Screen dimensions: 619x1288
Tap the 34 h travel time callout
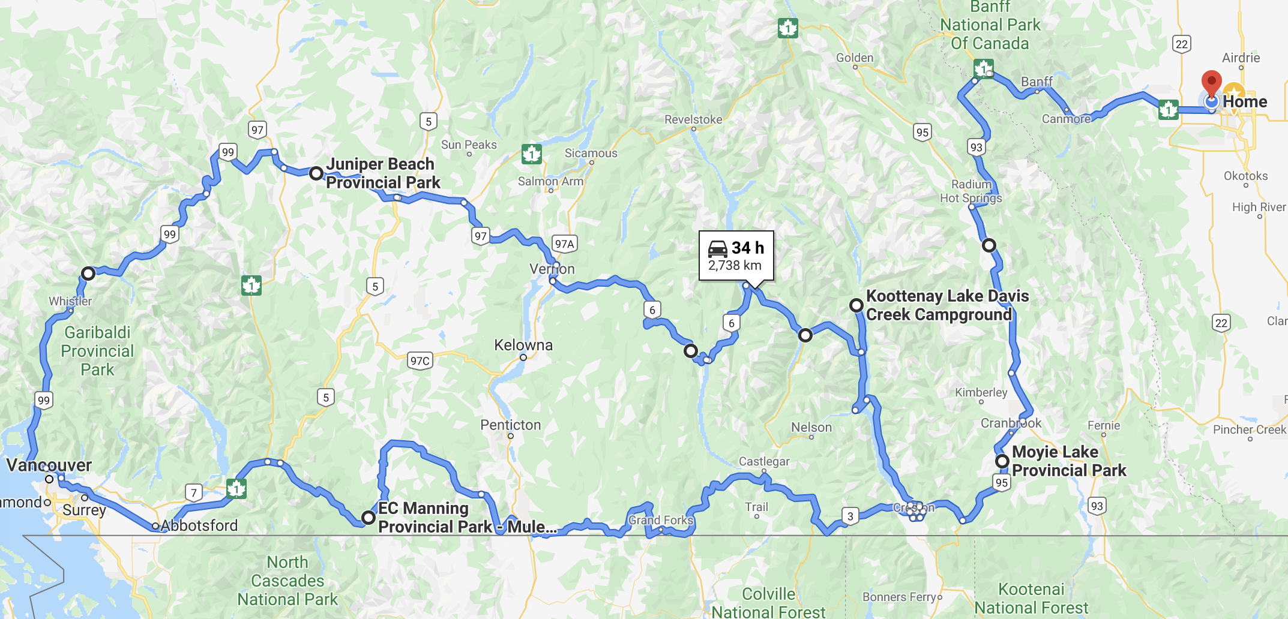tap(736, 256)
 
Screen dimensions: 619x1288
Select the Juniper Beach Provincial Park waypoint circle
tap(316, 174)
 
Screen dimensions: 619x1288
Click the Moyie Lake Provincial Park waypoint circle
tap(1002, 461)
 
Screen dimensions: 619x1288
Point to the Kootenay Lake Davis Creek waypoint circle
tap(856, 305)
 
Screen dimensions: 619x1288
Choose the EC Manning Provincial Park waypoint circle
tap(369, 518)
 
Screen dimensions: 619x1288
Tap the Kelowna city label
tap(523, 345)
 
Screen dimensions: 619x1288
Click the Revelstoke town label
tap(693, 119)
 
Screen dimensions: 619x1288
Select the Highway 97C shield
tap(420, 360)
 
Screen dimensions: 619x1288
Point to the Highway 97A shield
tap(564, 244)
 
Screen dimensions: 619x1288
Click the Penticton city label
tap(510, 425)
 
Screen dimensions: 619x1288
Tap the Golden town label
tap(855, 58)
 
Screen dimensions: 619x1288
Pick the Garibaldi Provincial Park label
tap(97, 351)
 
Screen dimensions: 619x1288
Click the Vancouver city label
tap(49, 465)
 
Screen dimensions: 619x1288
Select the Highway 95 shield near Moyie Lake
tap(1001, 483)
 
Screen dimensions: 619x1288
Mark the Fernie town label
tap(1104, 425)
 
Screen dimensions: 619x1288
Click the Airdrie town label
tap(1241, 58)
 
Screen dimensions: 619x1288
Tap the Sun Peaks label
tap(469, 145)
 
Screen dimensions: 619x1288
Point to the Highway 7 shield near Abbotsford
tap(193, 493)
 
